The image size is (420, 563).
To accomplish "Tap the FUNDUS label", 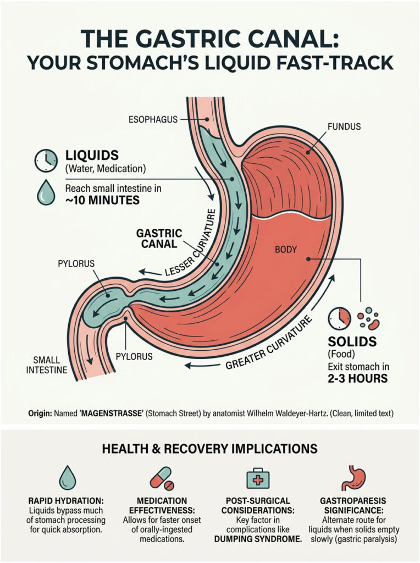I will click(x=344, y=126).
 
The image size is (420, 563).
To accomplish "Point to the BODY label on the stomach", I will click(x=285, y=249).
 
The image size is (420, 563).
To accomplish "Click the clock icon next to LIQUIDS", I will click(x=46, y=160).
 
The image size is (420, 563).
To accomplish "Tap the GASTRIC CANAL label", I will click(x=159, y=238).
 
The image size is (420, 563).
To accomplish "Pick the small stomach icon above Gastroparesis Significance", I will click(x=361, y=477).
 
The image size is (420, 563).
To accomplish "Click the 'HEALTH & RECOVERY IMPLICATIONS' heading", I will click(x=210, y=449).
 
